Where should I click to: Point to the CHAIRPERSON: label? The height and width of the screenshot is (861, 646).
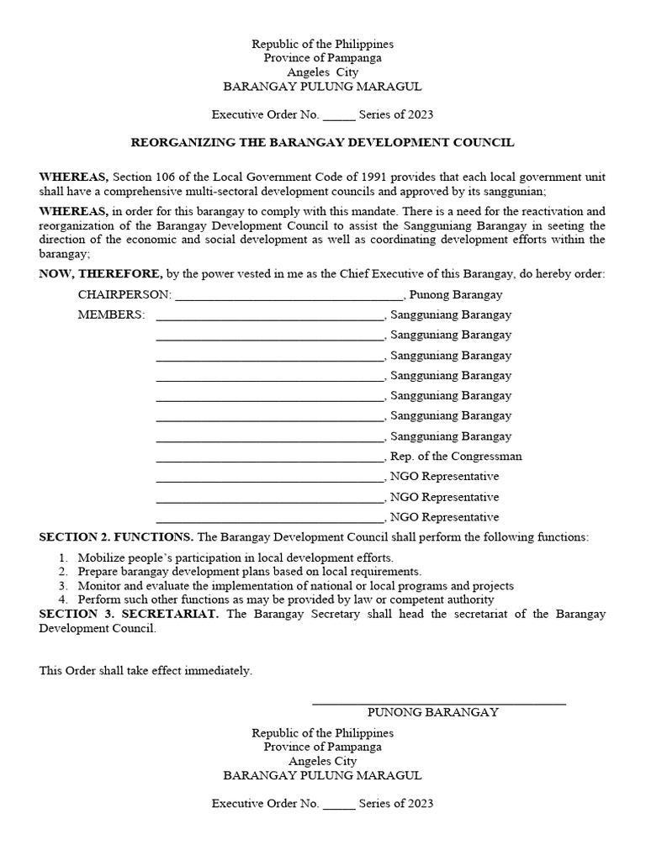[124, 295]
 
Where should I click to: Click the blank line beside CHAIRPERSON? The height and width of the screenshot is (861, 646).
[289, 297]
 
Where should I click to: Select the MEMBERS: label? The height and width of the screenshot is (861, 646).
[111, 315]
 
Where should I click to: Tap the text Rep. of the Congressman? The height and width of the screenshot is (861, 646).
[456, 457]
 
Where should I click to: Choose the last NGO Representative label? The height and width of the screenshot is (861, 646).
[444, 517]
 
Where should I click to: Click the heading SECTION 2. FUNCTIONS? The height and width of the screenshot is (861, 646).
[116, 537]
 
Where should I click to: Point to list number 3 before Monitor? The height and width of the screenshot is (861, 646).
[62, 586]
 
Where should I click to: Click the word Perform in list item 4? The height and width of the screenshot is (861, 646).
[99, 600]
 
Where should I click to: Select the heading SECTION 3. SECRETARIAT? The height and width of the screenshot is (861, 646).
[130, 614]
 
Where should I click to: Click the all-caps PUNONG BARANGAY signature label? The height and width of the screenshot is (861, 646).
[433, 712]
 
